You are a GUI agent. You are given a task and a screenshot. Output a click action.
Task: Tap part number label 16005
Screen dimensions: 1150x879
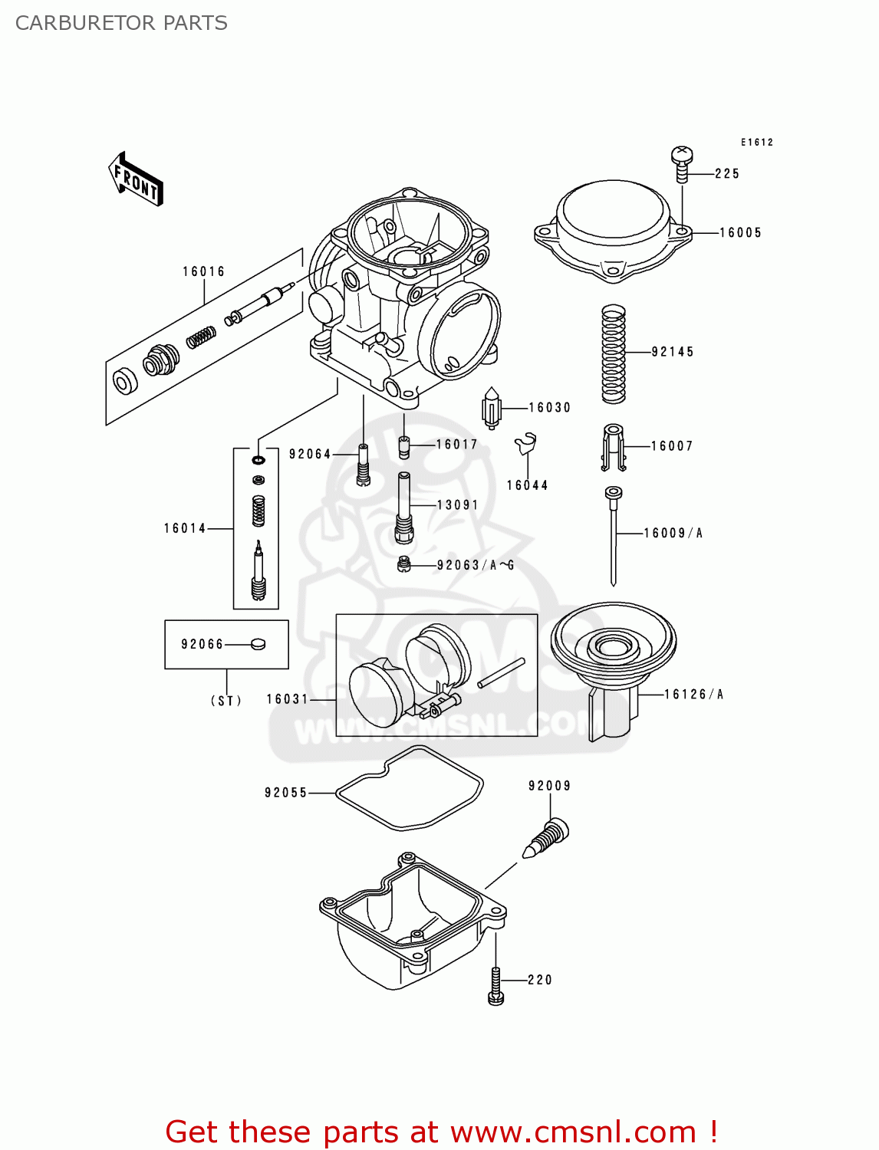740,232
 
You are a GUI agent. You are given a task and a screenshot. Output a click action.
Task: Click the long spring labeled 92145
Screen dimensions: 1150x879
613,353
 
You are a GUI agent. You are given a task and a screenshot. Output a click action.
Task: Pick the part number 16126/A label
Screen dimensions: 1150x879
693,695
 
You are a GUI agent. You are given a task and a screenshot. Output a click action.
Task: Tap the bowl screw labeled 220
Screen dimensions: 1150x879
495,984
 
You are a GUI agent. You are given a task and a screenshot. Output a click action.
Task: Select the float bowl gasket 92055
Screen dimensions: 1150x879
410,789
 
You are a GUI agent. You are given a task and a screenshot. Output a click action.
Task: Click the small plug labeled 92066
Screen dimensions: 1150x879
258,645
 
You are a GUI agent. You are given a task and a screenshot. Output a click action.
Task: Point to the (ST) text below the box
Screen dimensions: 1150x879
226,700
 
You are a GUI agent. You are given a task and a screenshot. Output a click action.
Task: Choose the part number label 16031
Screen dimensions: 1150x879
287,699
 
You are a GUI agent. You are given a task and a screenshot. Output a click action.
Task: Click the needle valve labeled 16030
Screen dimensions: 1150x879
491,409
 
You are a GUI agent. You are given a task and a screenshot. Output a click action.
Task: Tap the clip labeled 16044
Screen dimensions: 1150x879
526,444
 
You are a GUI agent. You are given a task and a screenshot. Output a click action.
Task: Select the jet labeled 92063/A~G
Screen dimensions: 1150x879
404,566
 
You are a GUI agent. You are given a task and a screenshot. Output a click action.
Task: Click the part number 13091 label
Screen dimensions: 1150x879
457,505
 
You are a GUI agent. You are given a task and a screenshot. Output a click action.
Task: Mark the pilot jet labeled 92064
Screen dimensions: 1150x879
364,465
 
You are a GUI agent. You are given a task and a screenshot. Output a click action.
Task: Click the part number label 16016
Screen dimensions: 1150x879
203,271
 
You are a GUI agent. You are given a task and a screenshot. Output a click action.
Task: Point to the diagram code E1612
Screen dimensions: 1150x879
756,143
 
